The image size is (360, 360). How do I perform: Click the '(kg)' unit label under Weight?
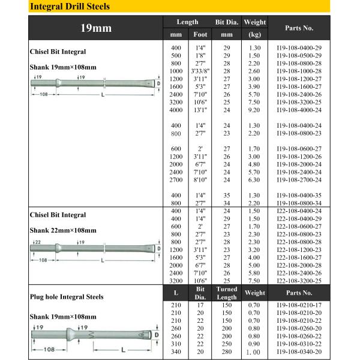point(254,34)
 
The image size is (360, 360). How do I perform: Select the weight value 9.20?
point(254,109)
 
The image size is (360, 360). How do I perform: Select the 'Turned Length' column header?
point(227,293)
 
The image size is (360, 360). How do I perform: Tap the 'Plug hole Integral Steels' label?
point(66,296)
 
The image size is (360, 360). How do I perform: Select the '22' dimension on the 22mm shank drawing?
point(38,241)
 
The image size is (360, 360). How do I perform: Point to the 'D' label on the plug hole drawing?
point(157,334)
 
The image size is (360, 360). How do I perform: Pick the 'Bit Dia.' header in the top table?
point(227,22)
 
